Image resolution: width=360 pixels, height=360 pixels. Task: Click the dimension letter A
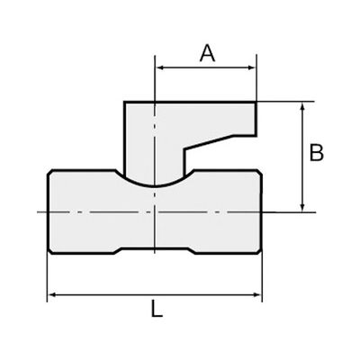[x=207, y=53]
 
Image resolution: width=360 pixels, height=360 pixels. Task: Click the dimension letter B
[x=317, y=152]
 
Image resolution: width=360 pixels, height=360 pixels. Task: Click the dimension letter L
[x=157, y=309]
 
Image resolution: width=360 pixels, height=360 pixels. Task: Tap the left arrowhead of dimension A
[x=161, y=67]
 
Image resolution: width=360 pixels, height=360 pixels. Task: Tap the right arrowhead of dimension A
[x=251, y=67]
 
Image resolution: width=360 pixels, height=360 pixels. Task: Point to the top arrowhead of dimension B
[x=302, y=107]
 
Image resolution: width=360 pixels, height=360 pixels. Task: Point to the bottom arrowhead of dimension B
[x=302, y=206]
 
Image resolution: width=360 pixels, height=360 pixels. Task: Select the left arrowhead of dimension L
[x=53, y=295]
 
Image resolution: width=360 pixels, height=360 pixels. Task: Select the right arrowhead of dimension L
[x=256, y=295]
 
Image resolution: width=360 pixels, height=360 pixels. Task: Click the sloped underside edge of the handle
[x=209, y=142]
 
